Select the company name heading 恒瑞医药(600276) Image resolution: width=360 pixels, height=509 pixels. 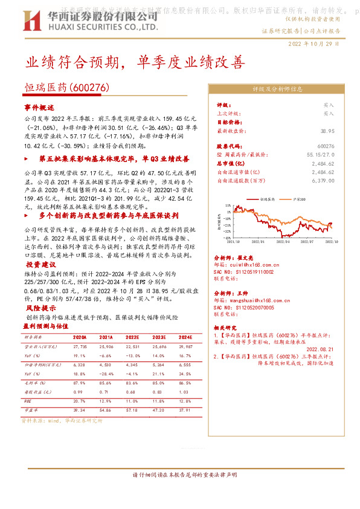[66, 88]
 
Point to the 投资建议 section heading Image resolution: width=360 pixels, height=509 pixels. [40, 265]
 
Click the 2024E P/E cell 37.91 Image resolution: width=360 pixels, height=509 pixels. [185, 410]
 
